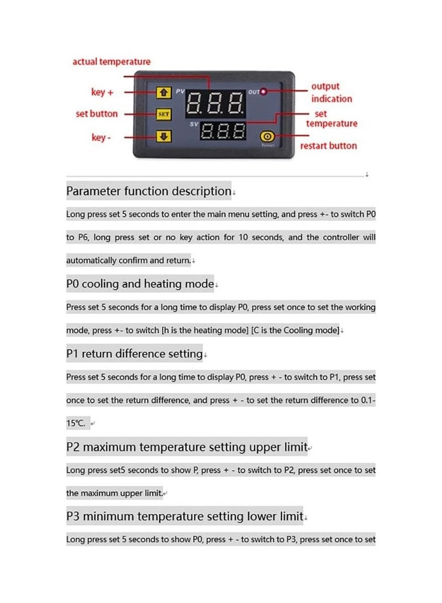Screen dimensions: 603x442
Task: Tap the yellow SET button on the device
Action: tap(164, 114)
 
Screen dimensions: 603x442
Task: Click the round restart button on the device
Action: tap(267, 136)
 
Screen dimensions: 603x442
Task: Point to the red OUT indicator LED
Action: tap(264, 91)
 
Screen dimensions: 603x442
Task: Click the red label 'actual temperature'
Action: tap(111, 61)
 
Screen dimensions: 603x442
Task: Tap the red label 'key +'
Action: tap(102, 92)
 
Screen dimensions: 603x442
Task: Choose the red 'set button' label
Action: tap(97, 113)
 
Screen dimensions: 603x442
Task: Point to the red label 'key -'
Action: tap(101, 137)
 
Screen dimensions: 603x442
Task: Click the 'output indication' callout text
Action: tap(331, 92)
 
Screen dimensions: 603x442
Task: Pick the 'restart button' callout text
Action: tap(328, 146)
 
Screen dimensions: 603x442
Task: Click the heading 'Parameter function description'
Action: tap(148, 191)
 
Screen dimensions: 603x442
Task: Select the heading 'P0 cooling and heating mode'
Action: tap(140, 284)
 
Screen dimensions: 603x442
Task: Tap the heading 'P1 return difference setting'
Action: tap(134, 354)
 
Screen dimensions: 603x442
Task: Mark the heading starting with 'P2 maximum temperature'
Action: tap(186, 447)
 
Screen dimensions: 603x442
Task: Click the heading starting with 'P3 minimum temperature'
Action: tap(185, 516)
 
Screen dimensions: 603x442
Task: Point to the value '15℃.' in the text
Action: tap(76, 423)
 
